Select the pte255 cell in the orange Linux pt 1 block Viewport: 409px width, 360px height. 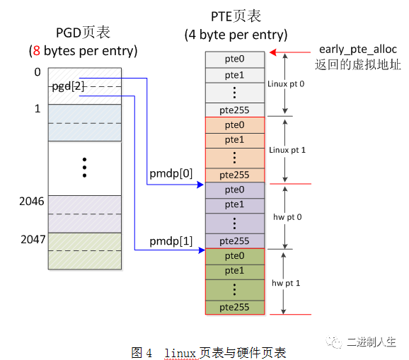pyautogui.click(x=235, y=175)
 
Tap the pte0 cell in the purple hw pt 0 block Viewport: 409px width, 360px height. pyautogui.click(x=235, y=190)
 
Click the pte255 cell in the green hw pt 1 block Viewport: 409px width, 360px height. pyautogui.click(x=235, y=307)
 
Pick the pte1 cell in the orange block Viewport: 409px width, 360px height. pyautogui.click(x=235, y=140)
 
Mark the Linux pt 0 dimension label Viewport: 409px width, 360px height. pyautogui.click(x=286, y=83)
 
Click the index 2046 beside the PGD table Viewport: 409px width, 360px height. pyautogui.click(x=32, y=202)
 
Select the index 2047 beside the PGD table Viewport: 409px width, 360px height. pyautogui.click(x=32, y=240)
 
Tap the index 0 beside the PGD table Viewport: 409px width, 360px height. pyautogui.click(x=37, y=72)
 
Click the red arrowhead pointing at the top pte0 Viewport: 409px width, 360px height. pyautogui.click(x=272, y=52)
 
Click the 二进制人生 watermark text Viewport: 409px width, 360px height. pyautogui.click(x=371, y=342)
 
